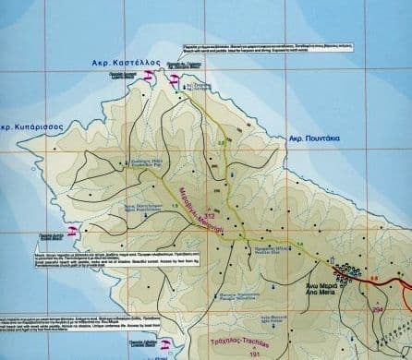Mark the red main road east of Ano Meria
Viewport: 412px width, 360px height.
tap(397, 281)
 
